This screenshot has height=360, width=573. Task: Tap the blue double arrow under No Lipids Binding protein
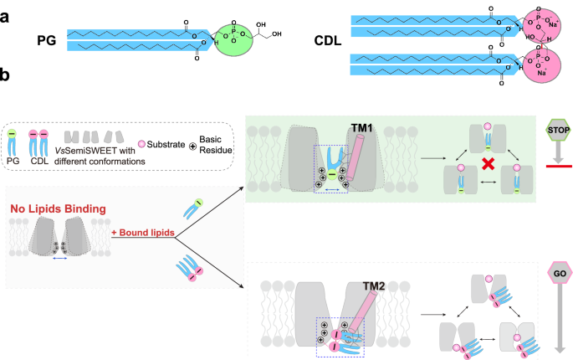59,260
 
